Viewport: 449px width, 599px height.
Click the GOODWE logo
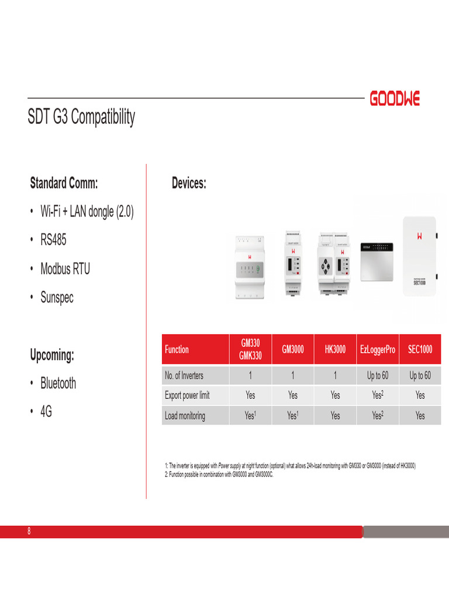click(x=395, y=99)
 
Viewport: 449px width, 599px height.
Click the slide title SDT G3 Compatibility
click(x=81, y=116)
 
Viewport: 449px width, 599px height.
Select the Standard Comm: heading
click(x=64, y=183)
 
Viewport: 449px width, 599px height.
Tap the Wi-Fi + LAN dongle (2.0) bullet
click(x=87, y=212)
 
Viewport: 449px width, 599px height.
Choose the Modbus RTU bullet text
click(x=65, y=268)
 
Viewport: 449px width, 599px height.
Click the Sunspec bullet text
click(x=57, y=297)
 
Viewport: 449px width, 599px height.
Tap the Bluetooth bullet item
click(x=58, y=384)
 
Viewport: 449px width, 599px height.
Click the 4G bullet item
click(x=46, y=412)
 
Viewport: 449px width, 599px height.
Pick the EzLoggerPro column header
click(x=377, y=350)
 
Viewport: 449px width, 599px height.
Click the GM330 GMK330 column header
click(x=250, y=350)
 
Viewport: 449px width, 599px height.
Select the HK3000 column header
click(x=335, y=350)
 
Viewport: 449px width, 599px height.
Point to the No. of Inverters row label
click(x=184, y=376)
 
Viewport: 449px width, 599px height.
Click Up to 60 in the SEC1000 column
click(x=420, y=376)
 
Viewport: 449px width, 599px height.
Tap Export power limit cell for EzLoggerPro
click(x=377, y=395)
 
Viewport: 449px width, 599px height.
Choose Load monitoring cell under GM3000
click(x=292, y=416)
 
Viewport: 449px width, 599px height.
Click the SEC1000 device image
click(x=420, y=256)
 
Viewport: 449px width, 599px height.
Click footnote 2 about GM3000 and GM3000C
click(x=219, y=474)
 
